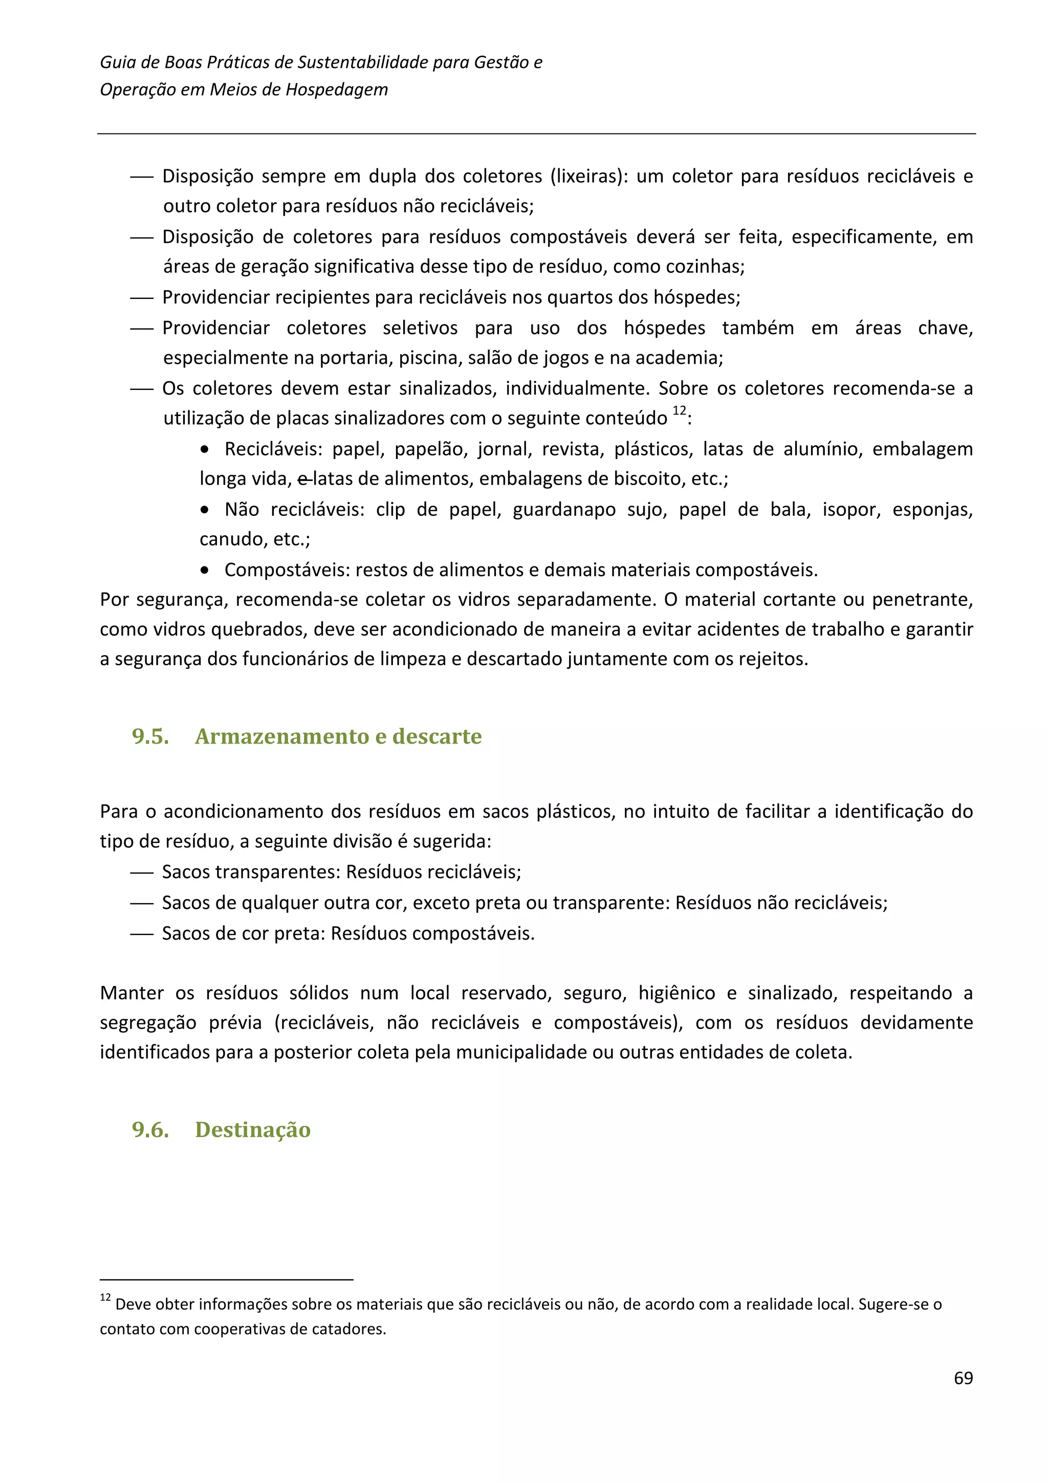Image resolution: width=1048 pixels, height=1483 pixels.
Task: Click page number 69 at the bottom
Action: click(963, 1378)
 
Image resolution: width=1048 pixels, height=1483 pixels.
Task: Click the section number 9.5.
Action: click(150, 736)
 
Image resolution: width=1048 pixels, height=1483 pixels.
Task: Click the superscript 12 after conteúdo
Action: click(679, 411)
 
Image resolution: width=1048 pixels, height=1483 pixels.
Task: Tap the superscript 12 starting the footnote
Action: click(105, 1297)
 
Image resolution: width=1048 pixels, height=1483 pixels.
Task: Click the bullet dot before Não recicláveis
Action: click(205, 510)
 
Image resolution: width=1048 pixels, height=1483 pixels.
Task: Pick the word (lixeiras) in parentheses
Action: click(589, 177)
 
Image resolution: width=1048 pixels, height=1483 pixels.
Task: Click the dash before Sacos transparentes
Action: click(141, 873)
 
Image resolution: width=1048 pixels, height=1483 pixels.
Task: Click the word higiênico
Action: click(676, 993)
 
